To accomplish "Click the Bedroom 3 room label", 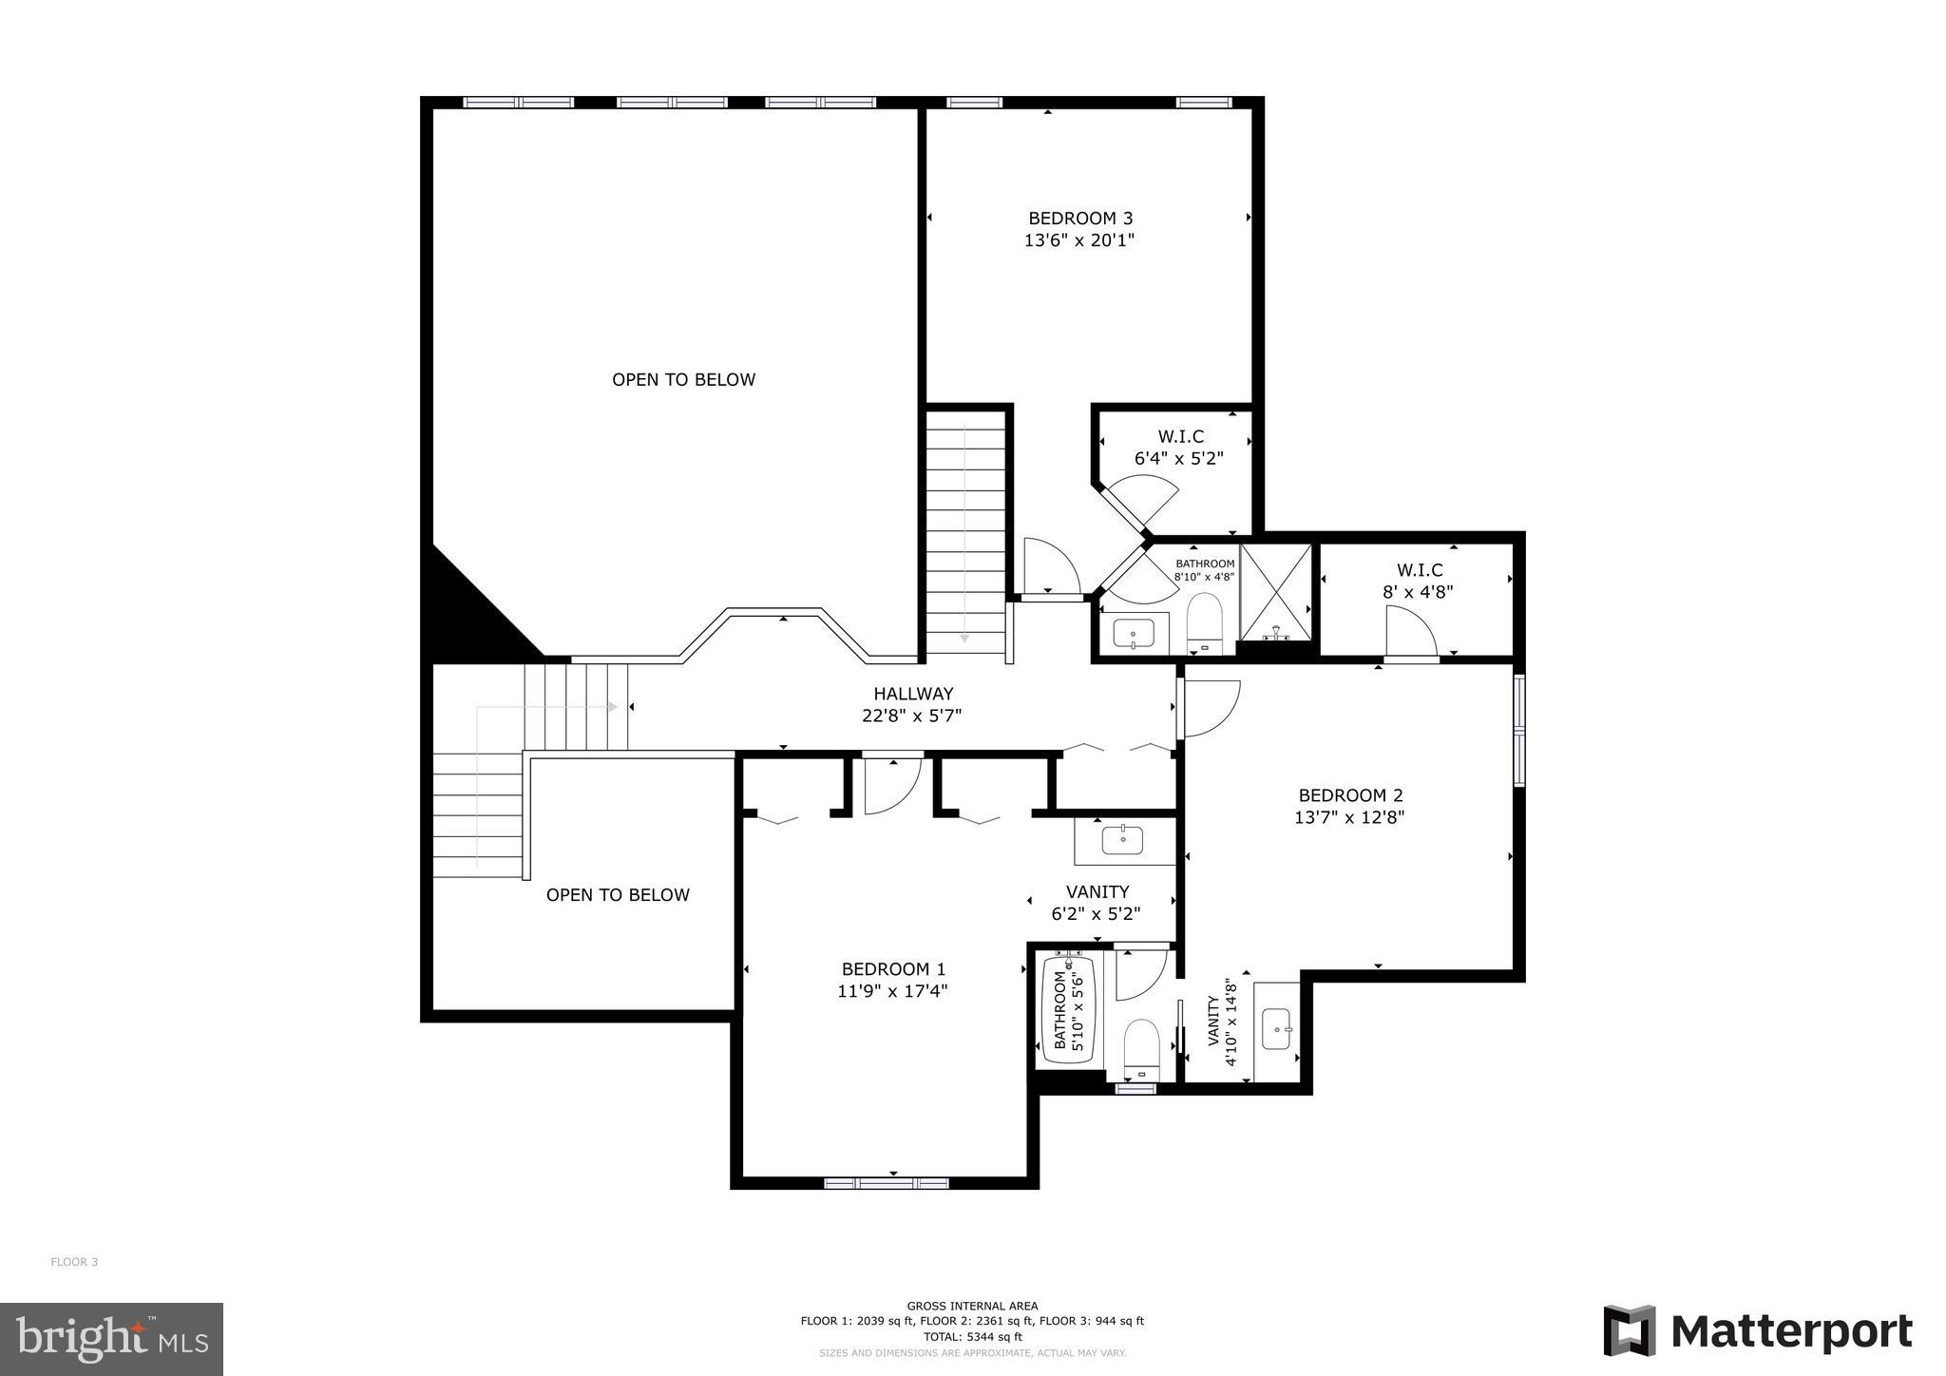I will click(x=1080, y=219).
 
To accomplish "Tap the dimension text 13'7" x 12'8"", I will click(x=1349, y=817).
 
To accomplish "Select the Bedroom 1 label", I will click(x=893, y=969).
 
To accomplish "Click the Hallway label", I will click(x=913, y=694).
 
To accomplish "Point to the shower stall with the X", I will click(x=1276, y=591).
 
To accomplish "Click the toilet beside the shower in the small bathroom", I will click(x=1205, y=621).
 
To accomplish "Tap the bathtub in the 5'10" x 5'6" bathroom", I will click(x=1069, y=1010).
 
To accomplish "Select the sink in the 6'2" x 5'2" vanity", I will click(x=1123, y=840).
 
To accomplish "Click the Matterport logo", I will click(x=1758, y=1331).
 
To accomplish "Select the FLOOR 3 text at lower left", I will click(x=74, y=1262).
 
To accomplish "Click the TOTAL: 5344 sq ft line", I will click(x=972, y=1336).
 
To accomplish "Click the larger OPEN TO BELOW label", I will click(x=683, y=380).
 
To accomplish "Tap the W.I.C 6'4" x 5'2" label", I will click(x=1179, y=447).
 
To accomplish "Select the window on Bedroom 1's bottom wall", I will click(x=886, y=1183).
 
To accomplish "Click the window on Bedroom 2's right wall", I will click(x=1518, y=730).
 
